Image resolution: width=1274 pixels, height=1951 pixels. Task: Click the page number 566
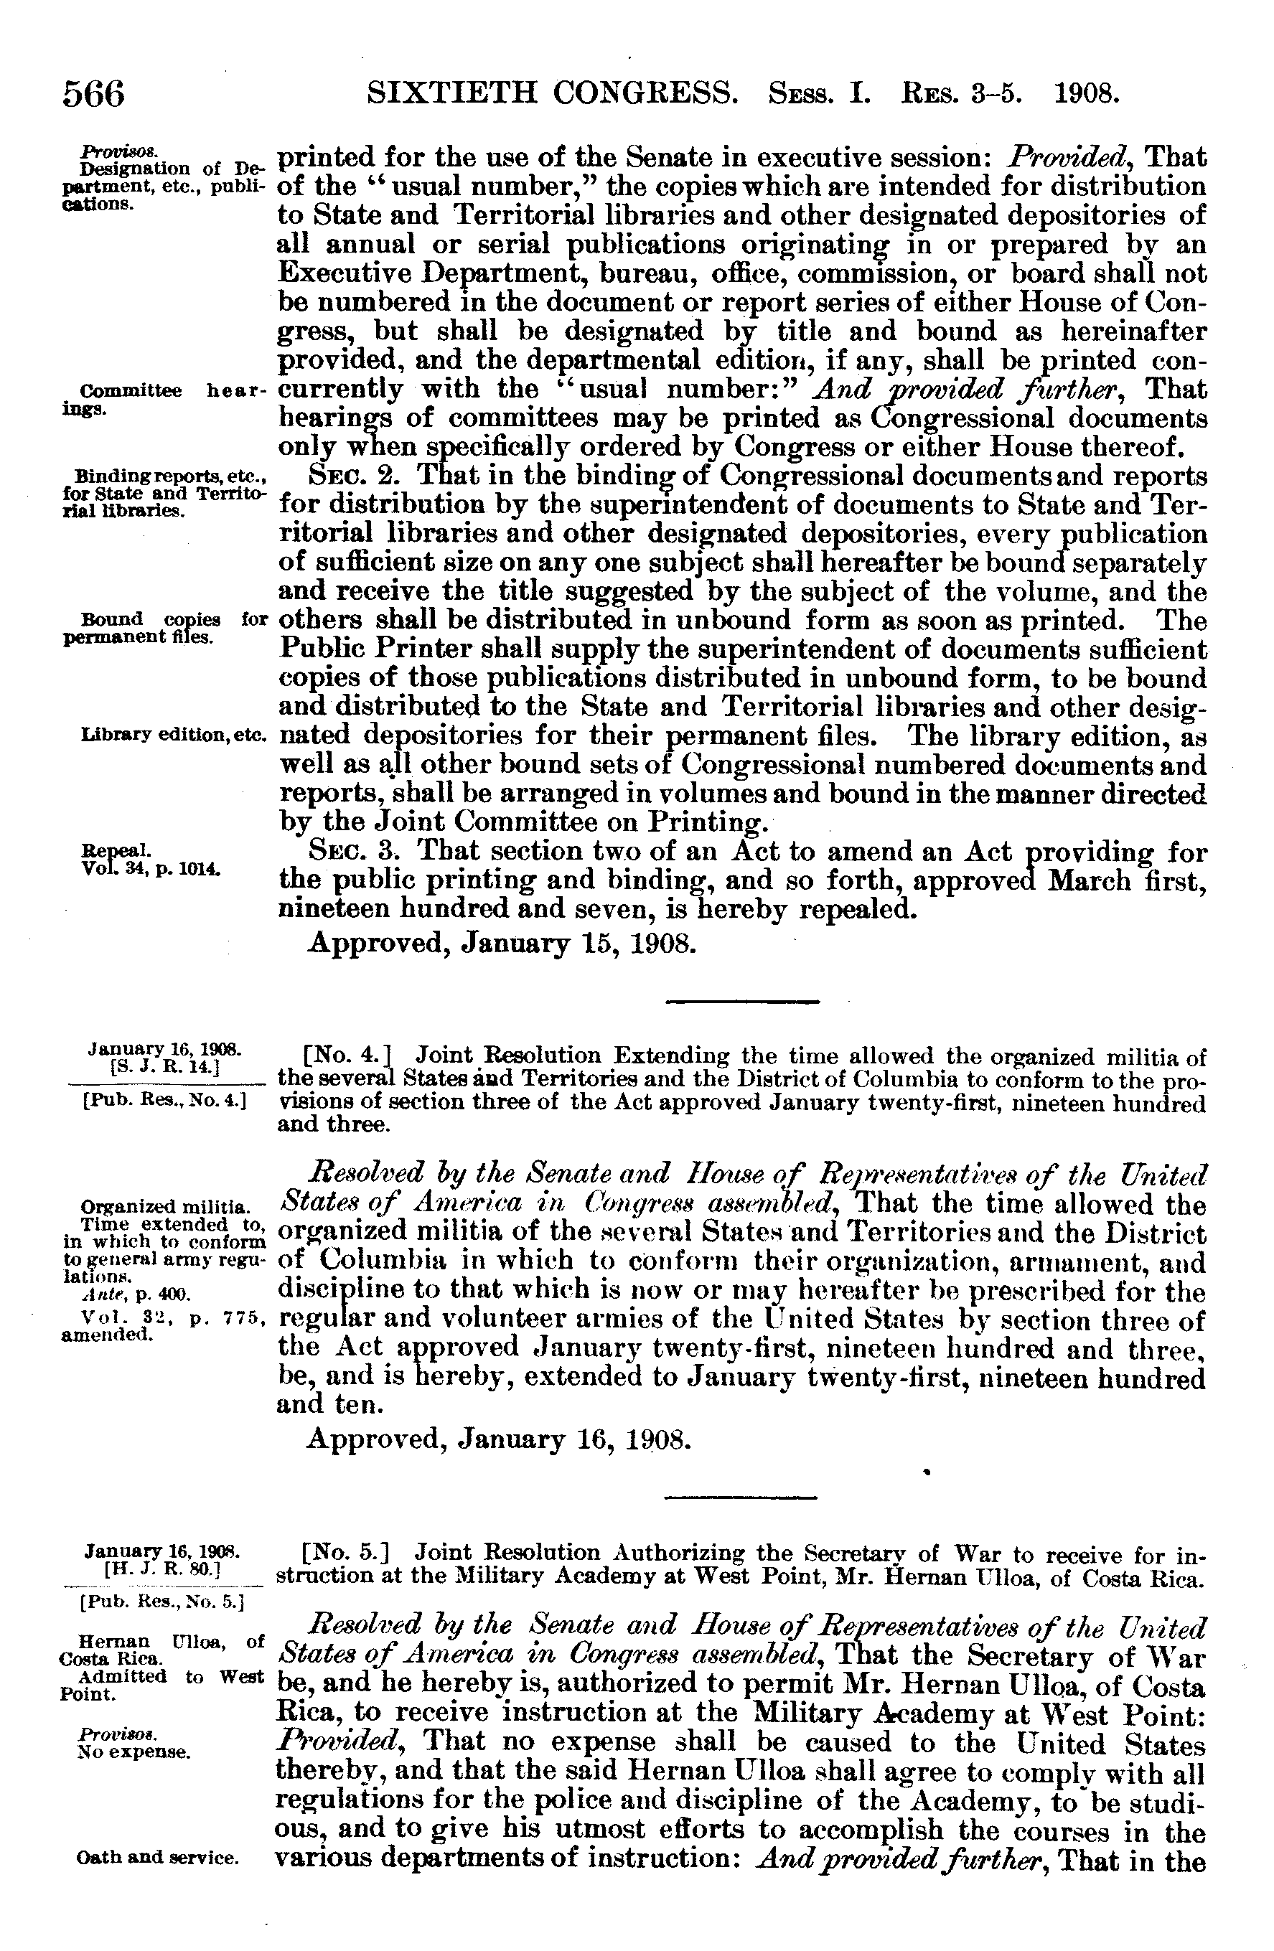(x=94, y=94)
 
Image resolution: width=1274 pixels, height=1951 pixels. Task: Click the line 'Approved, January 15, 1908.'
(x=502, y=944)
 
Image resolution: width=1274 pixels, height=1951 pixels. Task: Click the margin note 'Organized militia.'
(x=164, y=1208)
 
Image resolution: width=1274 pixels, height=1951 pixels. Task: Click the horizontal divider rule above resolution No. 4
(x=742, y=1001)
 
